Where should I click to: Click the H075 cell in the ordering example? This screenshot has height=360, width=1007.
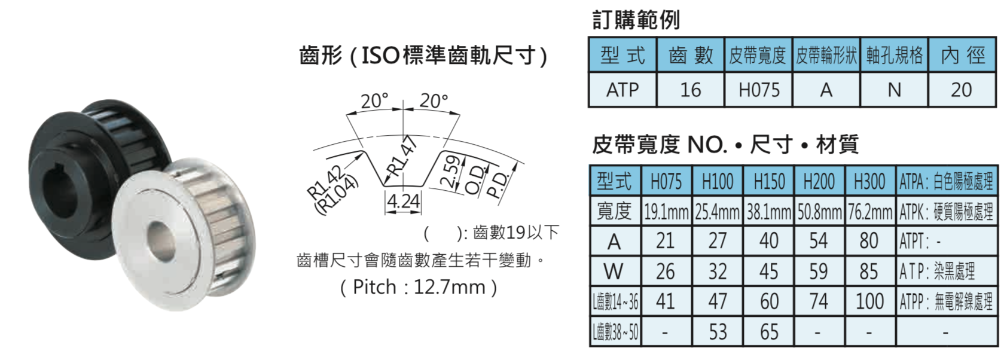point(758,90)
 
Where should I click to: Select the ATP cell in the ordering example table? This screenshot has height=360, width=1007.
point(622,90)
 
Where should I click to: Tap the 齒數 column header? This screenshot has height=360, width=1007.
point(691,55)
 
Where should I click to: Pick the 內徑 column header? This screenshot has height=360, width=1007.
point(963,55)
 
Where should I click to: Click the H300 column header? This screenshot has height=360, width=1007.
point(870,181)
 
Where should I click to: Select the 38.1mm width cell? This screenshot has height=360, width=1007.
point(769,212)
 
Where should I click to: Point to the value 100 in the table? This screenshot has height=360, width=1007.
point(870,301)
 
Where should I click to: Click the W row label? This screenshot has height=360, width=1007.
point(615,271)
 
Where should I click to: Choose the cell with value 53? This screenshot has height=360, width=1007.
point(718,332)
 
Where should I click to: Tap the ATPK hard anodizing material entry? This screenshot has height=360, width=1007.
point(947,212)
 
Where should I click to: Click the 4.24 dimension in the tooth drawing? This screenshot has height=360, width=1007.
point(404,202)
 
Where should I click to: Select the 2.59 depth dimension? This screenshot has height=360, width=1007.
point(451,172)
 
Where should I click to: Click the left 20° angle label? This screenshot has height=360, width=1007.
point(374,101)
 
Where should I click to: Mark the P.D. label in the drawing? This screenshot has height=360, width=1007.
point(501,184)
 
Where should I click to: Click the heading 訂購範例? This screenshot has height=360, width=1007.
point(636,20)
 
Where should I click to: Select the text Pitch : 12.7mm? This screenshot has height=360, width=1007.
point(419,287)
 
